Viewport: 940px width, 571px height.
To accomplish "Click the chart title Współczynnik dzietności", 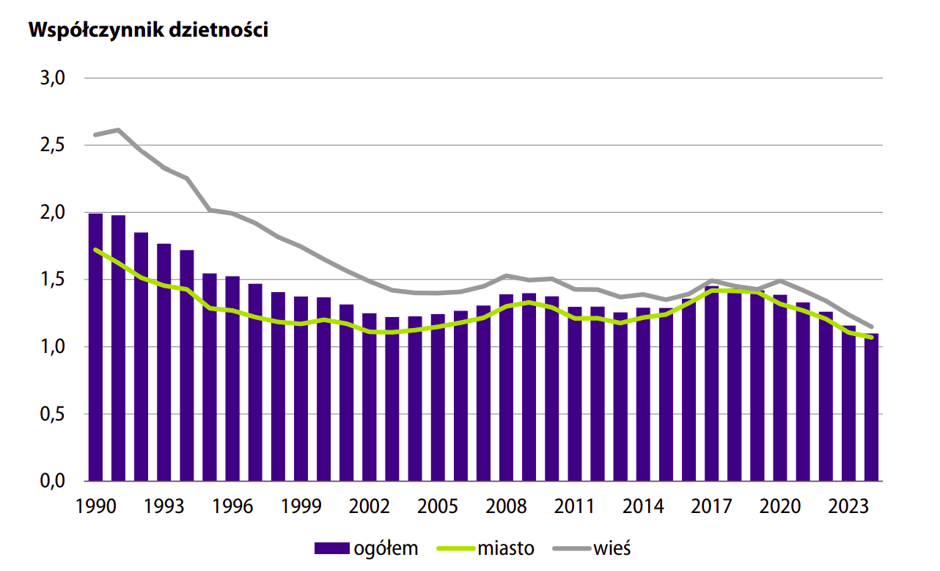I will point(147,30).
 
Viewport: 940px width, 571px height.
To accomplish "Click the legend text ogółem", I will point(385,548).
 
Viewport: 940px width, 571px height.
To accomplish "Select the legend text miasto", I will point(505,548).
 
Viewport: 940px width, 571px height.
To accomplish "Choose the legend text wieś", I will point(612,548).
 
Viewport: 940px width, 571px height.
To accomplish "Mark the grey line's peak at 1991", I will point(118,130).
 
